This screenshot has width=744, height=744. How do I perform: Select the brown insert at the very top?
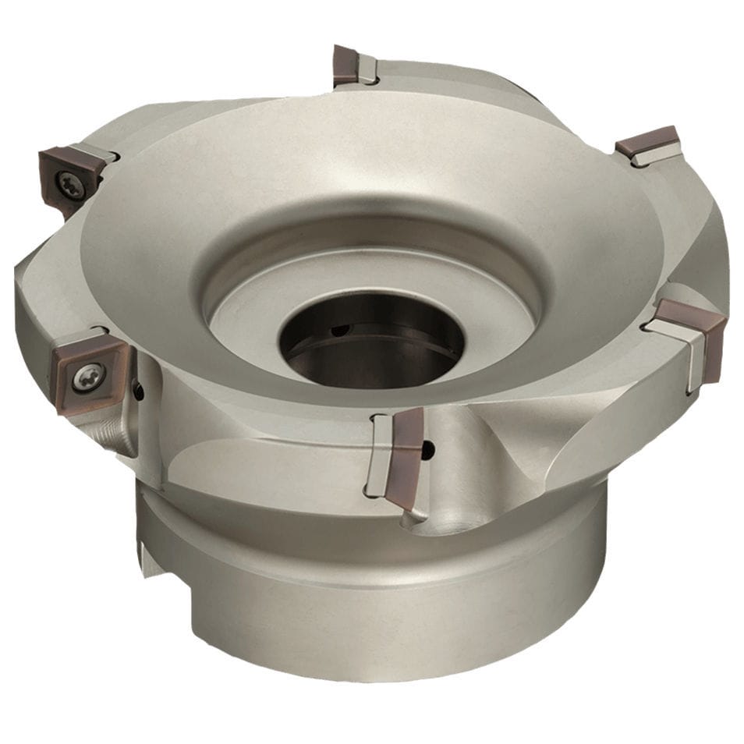click(x=345, y=66)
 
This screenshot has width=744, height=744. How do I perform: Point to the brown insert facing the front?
click(x=406, y=456)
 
